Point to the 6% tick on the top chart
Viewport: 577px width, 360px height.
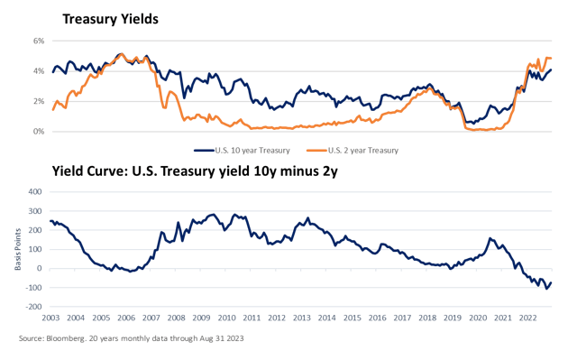coord(39,41)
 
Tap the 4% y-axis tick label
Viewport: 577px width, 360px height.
coord(39,70)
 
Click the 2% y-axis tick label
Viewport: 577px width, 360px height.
coord(39,101)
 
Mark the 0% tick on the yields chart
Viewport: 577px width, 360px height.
coord(39,131)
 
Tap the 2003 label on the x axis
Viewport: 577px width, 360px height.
coord(50,318)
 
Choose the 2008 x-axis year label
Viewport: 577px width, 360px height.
coord(176,318)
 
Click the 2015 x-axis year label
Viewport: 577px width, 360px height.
coord(352,318)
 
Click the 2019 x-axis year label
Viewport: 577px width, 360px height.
coord(452,318)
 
